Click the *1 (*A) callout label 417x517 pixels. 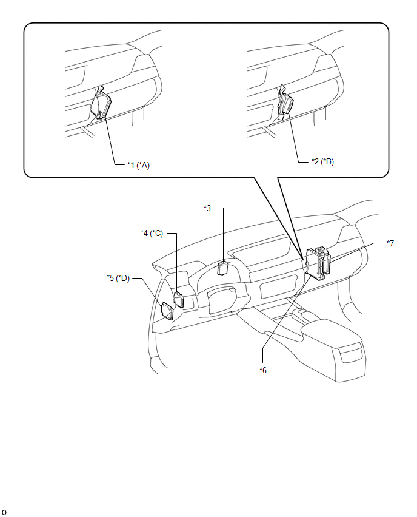click(x=138, y=165)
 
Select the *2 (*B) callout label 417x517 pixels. click(x=322, y=161)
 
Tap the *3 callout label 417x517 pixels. click(x=207, y=208)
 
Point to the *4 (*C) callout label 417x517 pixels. click(x=152, y=234)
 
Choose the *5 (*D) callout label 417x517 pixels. click(x=118, y=279)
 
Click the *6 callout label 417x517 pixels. click(x=263, y=370)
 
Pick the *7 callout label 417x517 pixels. click(x=390, y=243)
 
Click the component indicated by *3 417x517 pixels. click(x=223, y=268)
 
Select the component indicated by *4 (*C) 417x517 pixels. click(x=179, y=299)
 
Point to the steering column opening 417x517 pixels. click(x=221, y=300)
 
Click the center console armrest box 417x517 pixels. click(x=333, y=333)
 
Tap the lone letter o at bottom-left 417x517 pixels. click(x=4, y=512)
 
